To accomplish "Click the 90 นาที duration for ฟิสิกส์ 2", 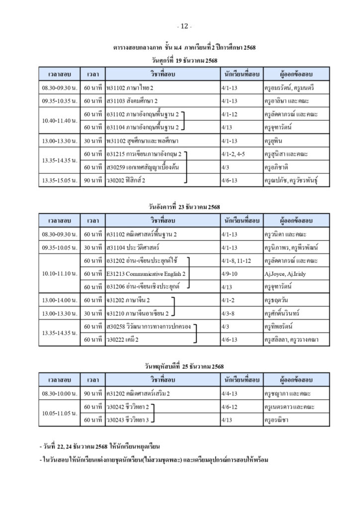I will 93,180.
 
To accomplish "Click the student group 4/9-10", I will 230,273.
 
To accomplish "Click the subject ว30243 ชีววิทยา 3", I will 128,420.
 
